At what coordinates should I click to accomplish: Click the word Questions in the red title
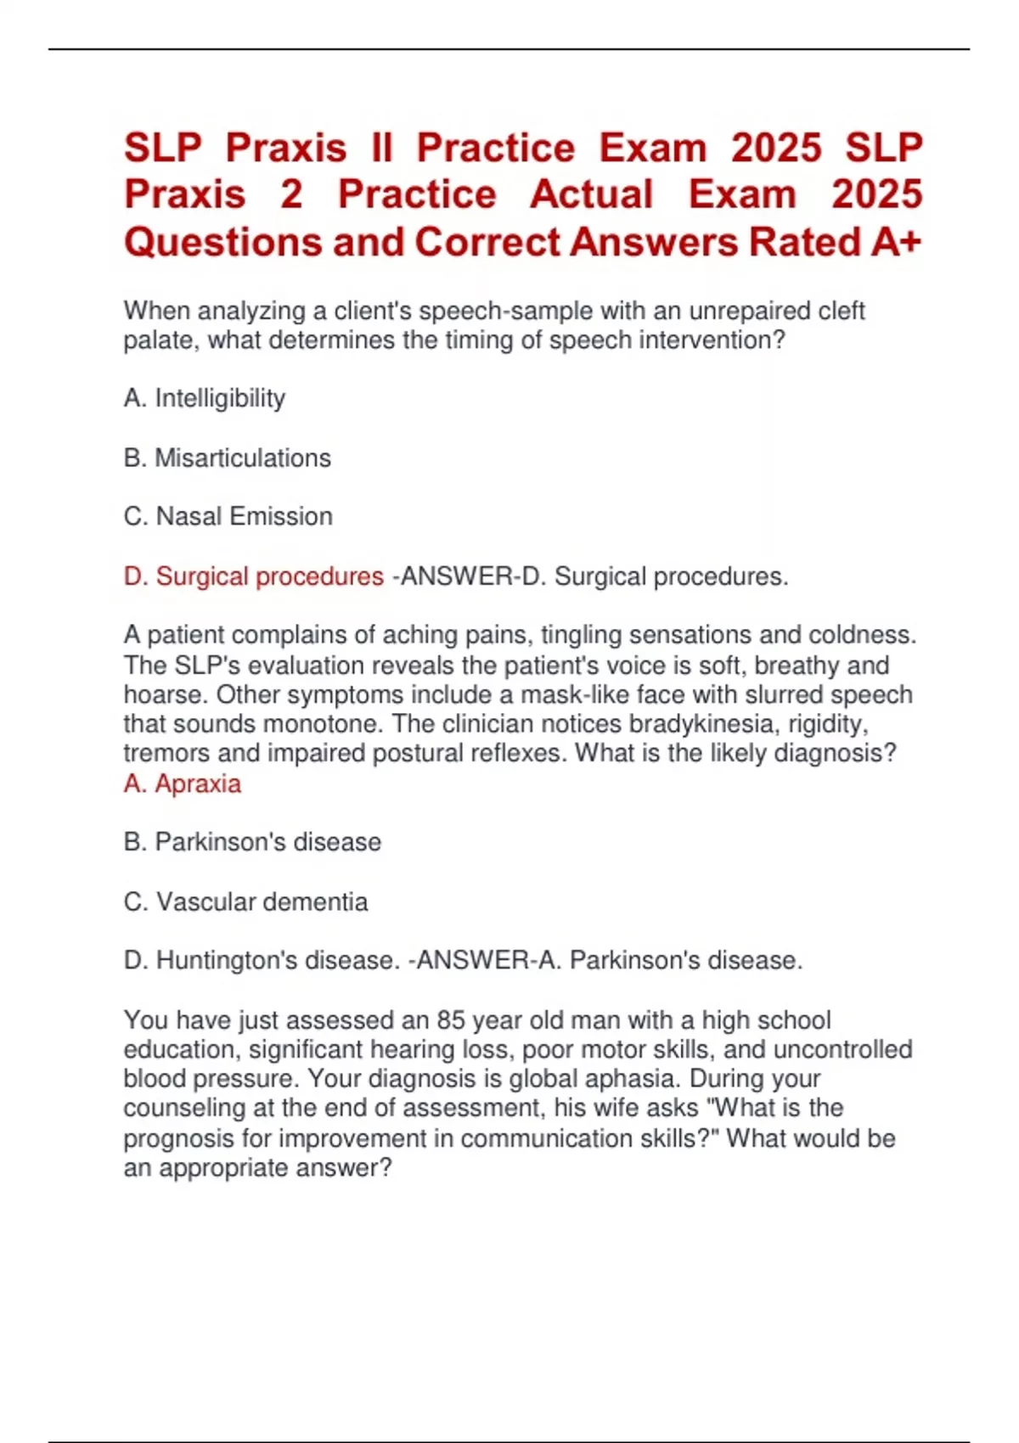click(x=222, y=243)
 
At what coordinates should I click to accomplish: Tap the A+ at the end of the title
click(x=896, y=243)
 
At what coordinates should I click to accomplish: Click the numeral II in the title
click(x=381, y=148)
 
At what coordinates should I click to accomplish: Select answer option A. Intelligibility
click(x=205, y=398)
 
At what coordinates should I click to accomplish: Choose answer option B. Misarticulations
click(x=228, y=458)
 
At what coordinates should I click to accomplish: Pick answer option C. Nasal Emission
click(x=228, y=516)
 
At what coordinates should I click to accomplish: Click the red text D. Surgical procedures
click(x=253, y=576)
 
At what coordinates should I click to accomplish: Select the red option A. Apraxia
click(x=183, y=783)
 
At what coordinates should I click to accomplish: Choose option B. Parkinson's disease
click(x=252, y=842)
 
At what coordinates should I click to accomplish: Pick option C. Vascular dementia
click(x=245, y=901)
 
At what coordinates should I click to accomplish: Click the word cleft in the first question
click(x=841, y=311)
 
